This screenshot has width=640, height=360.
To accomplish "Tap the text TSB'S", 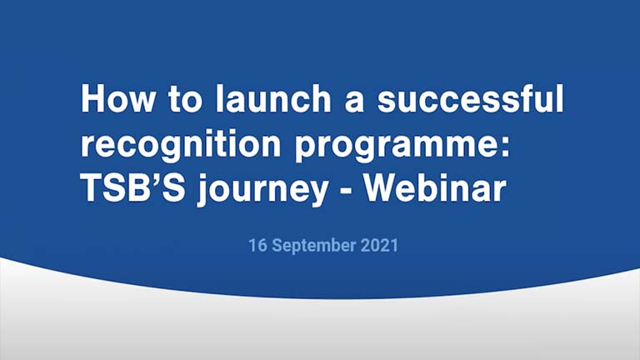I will point(122,190).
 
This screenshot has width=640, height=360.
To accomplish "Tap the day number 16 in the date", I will point(256,246).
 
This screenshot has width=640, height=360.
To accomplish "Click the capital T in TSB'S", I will point(89,190).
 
